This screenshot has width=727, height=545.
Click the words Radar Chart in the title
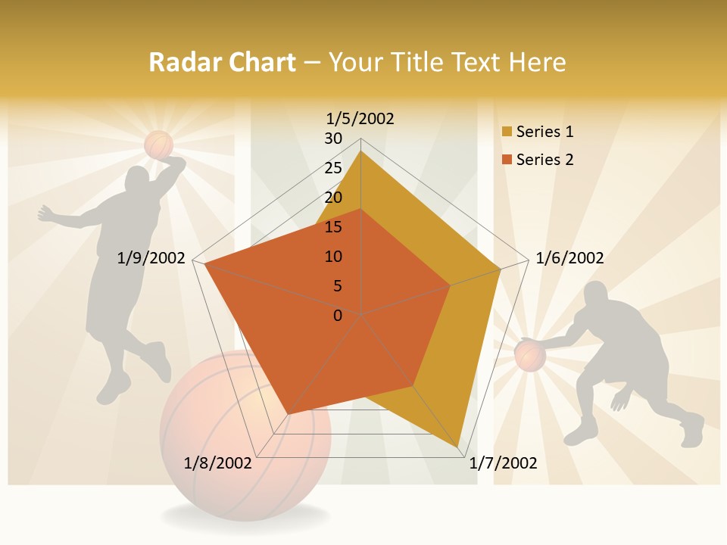(x=221, y=62)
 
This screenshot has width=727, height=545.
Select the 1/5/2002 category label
(x=360, y=118)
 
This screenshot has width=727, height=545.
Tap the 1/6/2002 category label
(x=569, y=258)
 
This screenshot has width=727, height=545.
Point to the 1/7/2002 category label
(x=503, y=463)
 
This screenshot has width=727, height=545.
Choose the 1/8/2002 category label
(x=218, y=463)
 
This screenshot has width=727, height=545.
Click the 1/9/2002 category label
(x=151, y=258)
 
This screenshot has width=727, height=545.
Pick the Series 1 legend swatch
(x=506, y=132)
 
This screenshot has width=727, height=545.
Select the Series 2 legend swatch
(x=506, y=160)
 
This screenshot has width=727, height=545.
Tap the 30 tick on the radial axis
(x=333, y=139)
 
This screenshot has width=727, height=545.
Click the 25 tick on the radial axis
(x=333, y=168)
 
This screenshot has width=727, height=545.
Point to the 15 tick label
(x=333, y=227)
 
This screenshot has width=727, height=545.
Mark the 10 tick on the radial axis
(x=333, y=257)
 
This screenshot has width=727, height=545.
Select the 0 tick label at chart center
(x=338, y=315)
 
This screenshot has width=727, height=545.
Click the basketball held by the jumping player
(x=159, y=145)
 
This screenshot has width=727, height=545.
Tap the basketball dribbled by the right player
(x=530, y=355)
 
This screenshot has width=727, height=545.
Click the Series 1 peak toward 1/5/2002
(x=360, y=151)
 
